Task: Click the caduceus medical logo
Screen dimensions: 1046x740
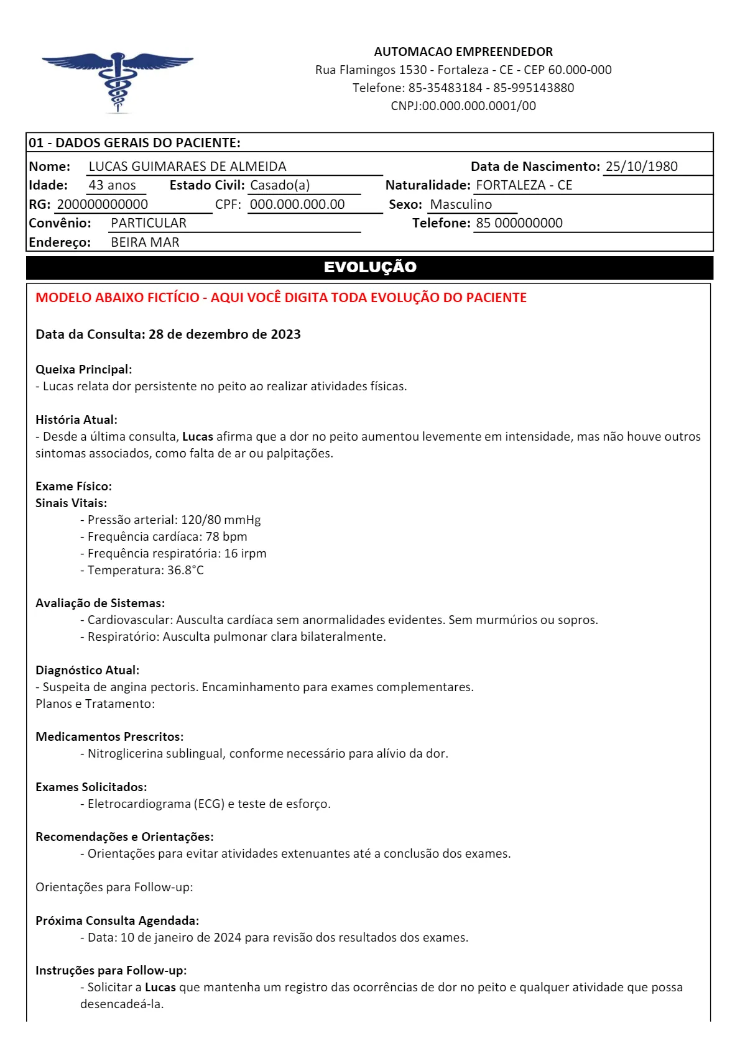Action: pyautogui.click(x=118, y=81)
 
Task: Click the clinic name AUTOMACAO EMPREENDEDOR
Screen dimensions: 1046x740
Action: pyautogui.click(x=463, y=52)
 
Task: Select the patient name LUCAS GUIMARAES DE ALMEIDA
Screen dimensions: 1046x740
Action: pyautogui.click(x=187, y=167)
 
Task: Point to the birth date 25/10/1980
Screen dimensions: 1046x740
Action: pyautogui.click(x=641, y=167)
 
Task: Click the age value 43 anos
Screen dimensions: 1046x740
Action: pyautogui.click(x=112, y=185)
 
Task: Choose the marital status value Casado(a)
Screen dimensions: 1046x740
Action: pyautogui.click(x=280, y=185)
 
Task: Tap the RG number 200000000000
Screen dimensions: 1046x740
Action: pyautogui.click(x=103, y=204)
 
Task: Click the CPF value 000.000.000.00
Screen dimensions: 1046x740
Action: pyautogui.click(x=297, y=204)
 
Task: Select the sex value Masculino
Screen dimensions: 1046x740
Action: pyautogui.click(x=461, y=204)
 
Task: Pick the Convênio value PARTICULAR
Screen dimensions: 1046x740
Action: pyautogui.click(x=149, y=223)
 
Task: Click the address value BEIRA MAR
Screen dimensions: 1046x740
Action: pyautogui.click(x=145, y=242)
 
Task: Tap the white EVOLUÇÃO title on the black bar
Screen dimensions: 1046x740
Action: pyautogui.click(x=370, y=267)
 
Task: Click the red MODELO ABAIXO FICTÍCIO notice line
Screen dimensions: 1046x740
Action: pyautogui.click(x=281, y=298)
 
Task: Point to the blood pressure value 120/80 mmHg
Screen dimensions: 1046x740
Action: pyautogui.click(x=221, y=520)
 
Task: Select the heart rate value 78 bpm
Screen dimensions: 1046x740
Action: pyautogui.click(x=226, y=537)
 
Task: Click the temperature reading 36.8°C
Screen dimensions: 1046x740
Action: pyautogui.click(x=185, y=571)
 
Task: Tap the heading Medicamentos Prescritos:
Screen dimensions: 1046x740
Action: pyautogui.click(x=109, y=737)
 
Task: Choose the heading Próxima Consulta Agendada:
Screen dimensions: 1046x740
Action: pyautogui.click(x=117, y=921)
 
